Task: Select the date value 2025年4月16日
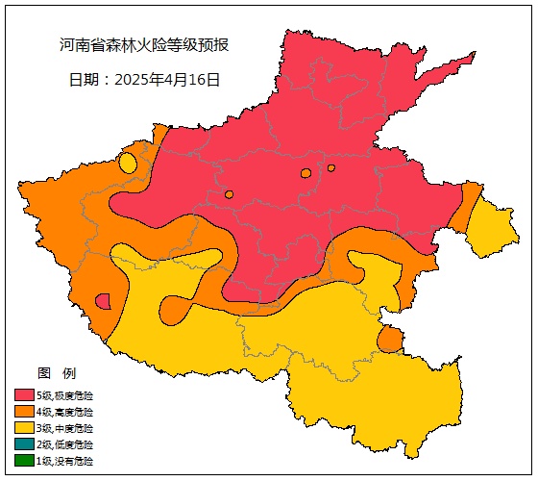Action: pos(167,80)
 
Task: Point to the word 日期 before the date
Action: pos(84,80)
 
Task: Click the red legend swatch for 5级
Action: pos(24,395)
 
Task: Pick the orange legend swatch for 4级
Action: pos(24,412)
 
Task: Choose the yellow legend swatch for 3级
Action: pos(24,428)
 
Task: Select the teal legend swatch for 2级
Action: pos(24,444)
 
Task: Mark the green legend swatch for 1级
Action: pos(24,461)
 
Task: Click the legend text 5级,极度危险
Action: pos(65,395)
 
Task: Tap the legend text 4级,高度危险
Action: pos(65,412)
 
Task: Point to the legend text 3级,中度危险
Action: pos(65,428)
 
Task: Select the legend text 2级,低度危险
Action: pos(65,444)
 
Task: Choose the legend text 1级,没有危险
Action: pos(65,461)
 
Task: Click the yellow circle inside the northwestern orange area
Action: pos(128,163)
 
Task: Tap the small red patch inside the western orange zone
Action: pos(103,301)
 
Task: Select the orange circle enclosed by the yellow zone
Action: pos(389,340)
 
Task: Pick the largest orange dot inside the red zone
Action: pos(306,173)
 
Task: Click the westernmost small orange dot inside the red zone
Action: pos(229,194)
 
